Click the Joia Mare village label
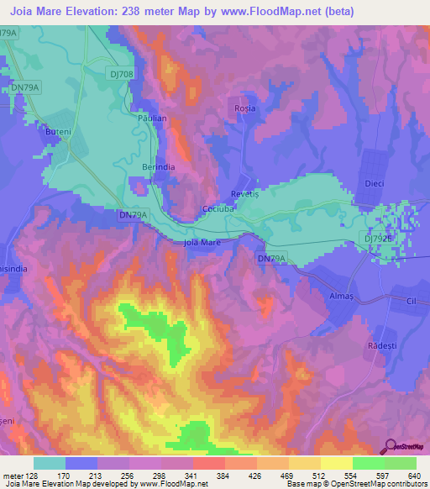point(202,243)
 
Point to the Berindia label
point(158,167)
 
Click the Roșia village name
point(244,109)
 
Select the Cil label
point(411,300)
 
